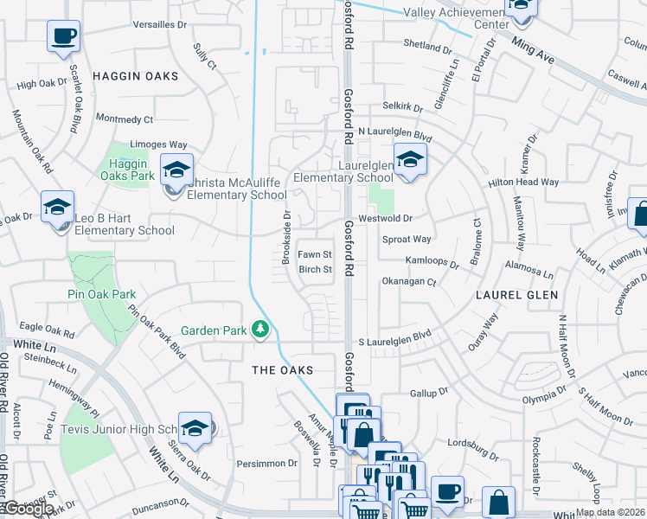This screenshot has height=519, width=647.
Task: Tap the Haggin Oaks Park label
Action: [130, 169]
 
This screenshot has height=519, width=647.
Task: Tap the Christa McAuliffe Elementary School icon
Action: [176, 169]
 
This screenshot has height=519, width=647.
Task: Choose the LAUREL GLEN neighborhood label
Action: [511, 295]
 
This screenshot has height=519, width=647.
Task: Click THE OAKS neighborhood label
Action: [281, 369]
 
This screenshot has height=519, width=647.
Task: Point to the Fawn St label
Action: [315, 254]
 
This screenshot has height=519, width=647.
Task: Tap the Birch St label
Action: [315, 269]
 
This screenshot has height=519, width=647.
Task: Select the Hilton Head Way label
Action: [524, 183]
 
